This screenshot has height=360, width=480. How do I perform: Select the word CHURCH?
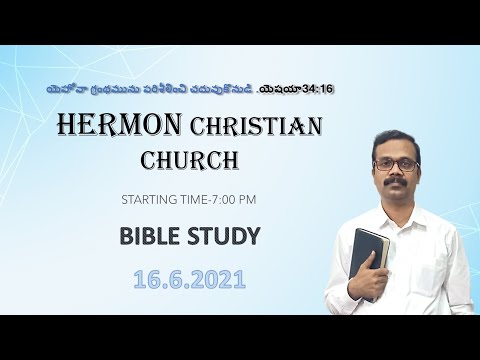pos(189,160)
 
